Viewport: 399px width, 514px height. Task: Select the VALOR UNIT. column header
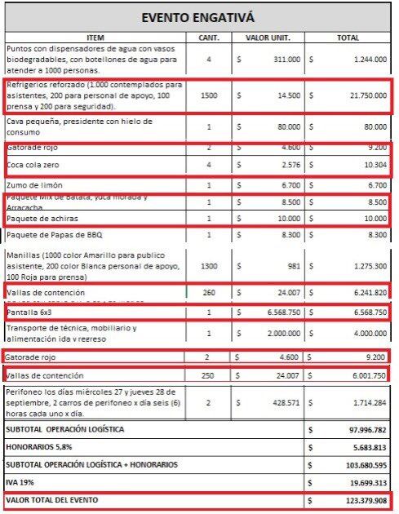[x=268, y=38]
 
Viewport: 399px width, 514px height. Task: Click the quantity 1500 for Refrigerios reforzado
[x=208, y=95]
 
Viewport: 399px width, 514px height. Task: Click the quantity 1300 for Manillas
[x=208, y=265]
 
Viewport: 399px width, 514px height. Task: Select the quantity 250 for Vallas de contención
[x=208, y=375]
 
